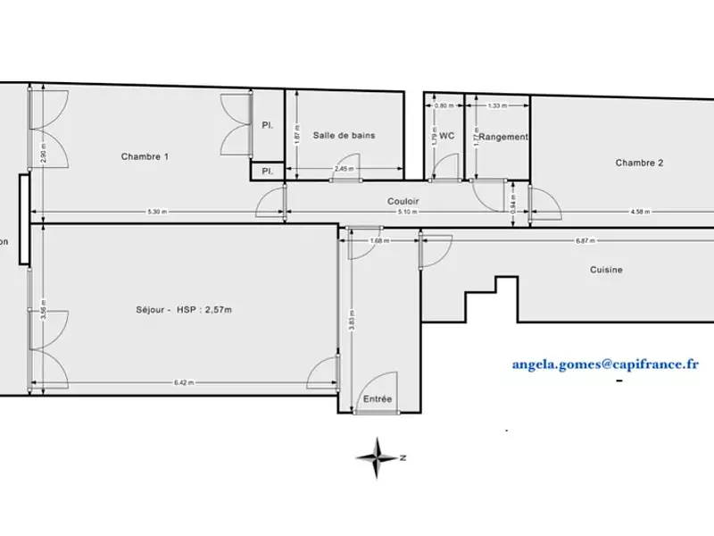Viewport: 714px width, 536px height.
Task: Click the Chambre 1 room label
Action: click(x=145, y=156)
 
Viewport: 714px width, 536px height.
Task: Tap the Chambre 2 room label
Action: click(x=640, y=163)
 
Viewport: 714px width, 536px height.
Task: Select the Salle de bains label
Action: click(x=344, y=136)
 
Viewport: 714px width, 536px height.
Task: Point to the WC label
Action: click(x=448, y=137)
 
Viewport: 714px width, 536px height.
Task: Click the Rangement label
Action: click(x=503, y=137)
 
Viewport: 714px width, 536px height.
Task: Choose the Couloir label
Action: click(x=403, y=201)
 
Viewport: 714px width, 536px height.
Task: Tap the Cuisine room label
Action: click(x=606, y=270)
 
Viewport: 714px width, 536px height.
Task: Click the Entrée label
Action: click(x=377, y=399)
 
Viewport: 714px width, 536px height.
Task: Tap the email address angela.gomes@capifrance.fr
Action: click(x=605, y=364)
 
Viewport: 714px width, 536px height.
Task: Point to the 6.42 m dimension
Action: click(x=186, y=383)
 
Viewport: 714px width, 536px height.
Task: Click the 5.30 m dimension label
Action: click(x=157, y=212)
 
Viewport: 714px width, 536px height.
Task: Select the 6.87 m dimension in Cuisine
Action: click(x=585, y=239)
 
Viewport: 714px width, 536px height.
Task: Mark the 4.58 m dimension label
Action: click(x=638, y=212)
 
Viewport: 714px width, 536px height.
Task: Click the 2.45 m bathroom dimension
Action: click(x=343, y=169)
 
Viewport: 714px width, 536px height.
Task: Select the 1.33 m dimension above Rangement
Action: click(x=497, y=105)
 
